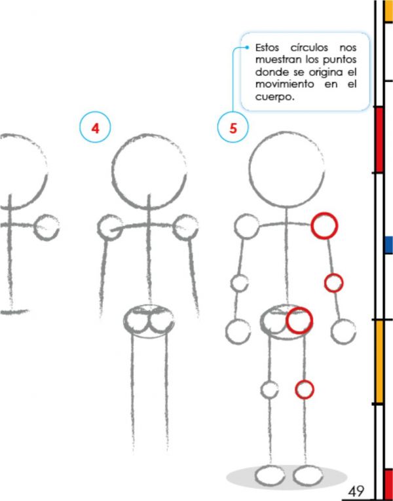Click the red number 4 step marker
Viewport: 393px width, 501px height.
pyautogui.click(x=95, y=128)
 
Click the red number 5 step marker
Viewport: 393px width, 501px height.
pyautogui.click(x=233, y=128)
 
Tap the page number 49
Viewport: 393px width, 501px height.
pyautogui.click(x=356, y=491)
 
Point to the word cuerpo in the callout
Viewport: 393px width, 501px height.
pyautogui.click(x=274, y=98)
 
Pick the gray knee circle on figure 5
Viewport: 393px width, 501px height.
pyautogui.click(x=261, y=390)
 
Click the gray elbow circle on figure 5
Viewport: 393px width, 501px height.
pyautogui.click(x=231, y=283)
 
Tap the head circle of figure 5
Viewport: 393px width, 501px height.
pyautogui.click(x=249, y=170)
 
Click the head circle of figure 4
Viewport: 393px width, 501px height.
pyautogui.click(x=112, y=172)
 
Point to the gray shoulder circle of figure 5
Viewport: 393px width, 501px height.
pyautogui.click(x=234, y=227)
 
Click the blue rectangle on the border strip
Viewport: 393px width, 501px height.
pyautogui.click(x=388, y=245)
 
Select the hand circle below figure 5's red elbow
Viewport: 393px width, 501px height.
pyautogui.click(x=331, y=331)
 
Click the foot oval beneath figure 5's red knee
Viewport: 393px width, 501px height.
pyautogui.click(x=293, y=475)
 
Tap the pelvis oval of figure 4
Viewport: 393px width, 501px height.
pyautogui.click(x=123, y=321)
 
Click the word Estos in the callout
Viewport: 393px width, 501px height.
pyautogui.click(x=267, y=48)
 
